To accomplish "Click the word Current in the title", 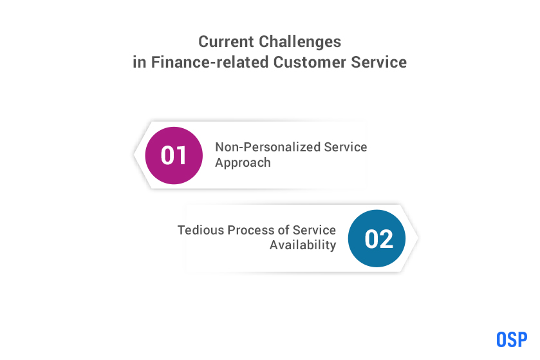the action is pyautogui.click(x=226, y=42).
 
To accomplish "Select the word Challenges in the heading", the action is pyautogui.click(x=300, y=43).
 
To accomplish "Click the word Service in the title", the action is pyautogui.click(x=379, y=62).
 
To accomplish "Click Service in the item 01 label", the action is pyautogui.click(x=346, y=147).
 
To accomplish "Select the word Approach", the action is pyautogui.click(x=243, y=163).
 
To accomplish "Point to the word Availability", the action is pyautogui.click(x=303, y=245).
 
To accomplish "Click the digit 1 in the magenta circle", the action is pyautogui.click(x=182, y=155).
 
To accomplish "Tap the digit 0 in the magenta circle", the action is pyautogui.click(x=168, y=155).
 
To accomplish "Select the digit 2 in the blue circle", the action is pyautogui.click(x=386, y=239).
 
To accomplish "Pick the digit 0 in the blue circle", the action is pyautogui.click(x=371, y=239).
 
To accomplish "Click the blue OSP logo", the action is pyautogui.click(x=512, y=339).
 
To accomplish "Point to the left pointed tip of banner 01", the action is pyautogui.click(x=134, y=155).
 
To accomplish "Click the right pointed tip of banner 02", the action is pyautogui.click(x=418, y=238).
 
